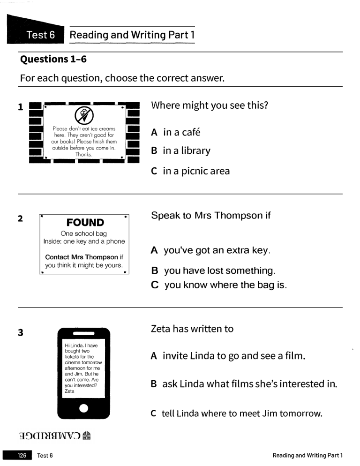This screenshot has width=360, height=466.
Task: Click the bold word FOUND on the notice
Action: coord(85,222)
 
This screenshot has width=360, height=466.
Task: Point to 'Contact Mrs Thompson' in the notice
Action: coord(81,257)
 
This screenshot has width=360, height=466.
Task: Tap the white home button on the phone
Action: coord(83,408)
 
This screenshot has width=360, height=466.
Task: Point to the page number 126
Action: coord(22,455)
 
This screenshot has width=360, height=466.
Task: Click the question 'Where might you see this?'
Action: coord(209,105)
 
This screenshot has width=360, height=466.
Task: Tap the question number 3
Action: coord(20,333)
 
